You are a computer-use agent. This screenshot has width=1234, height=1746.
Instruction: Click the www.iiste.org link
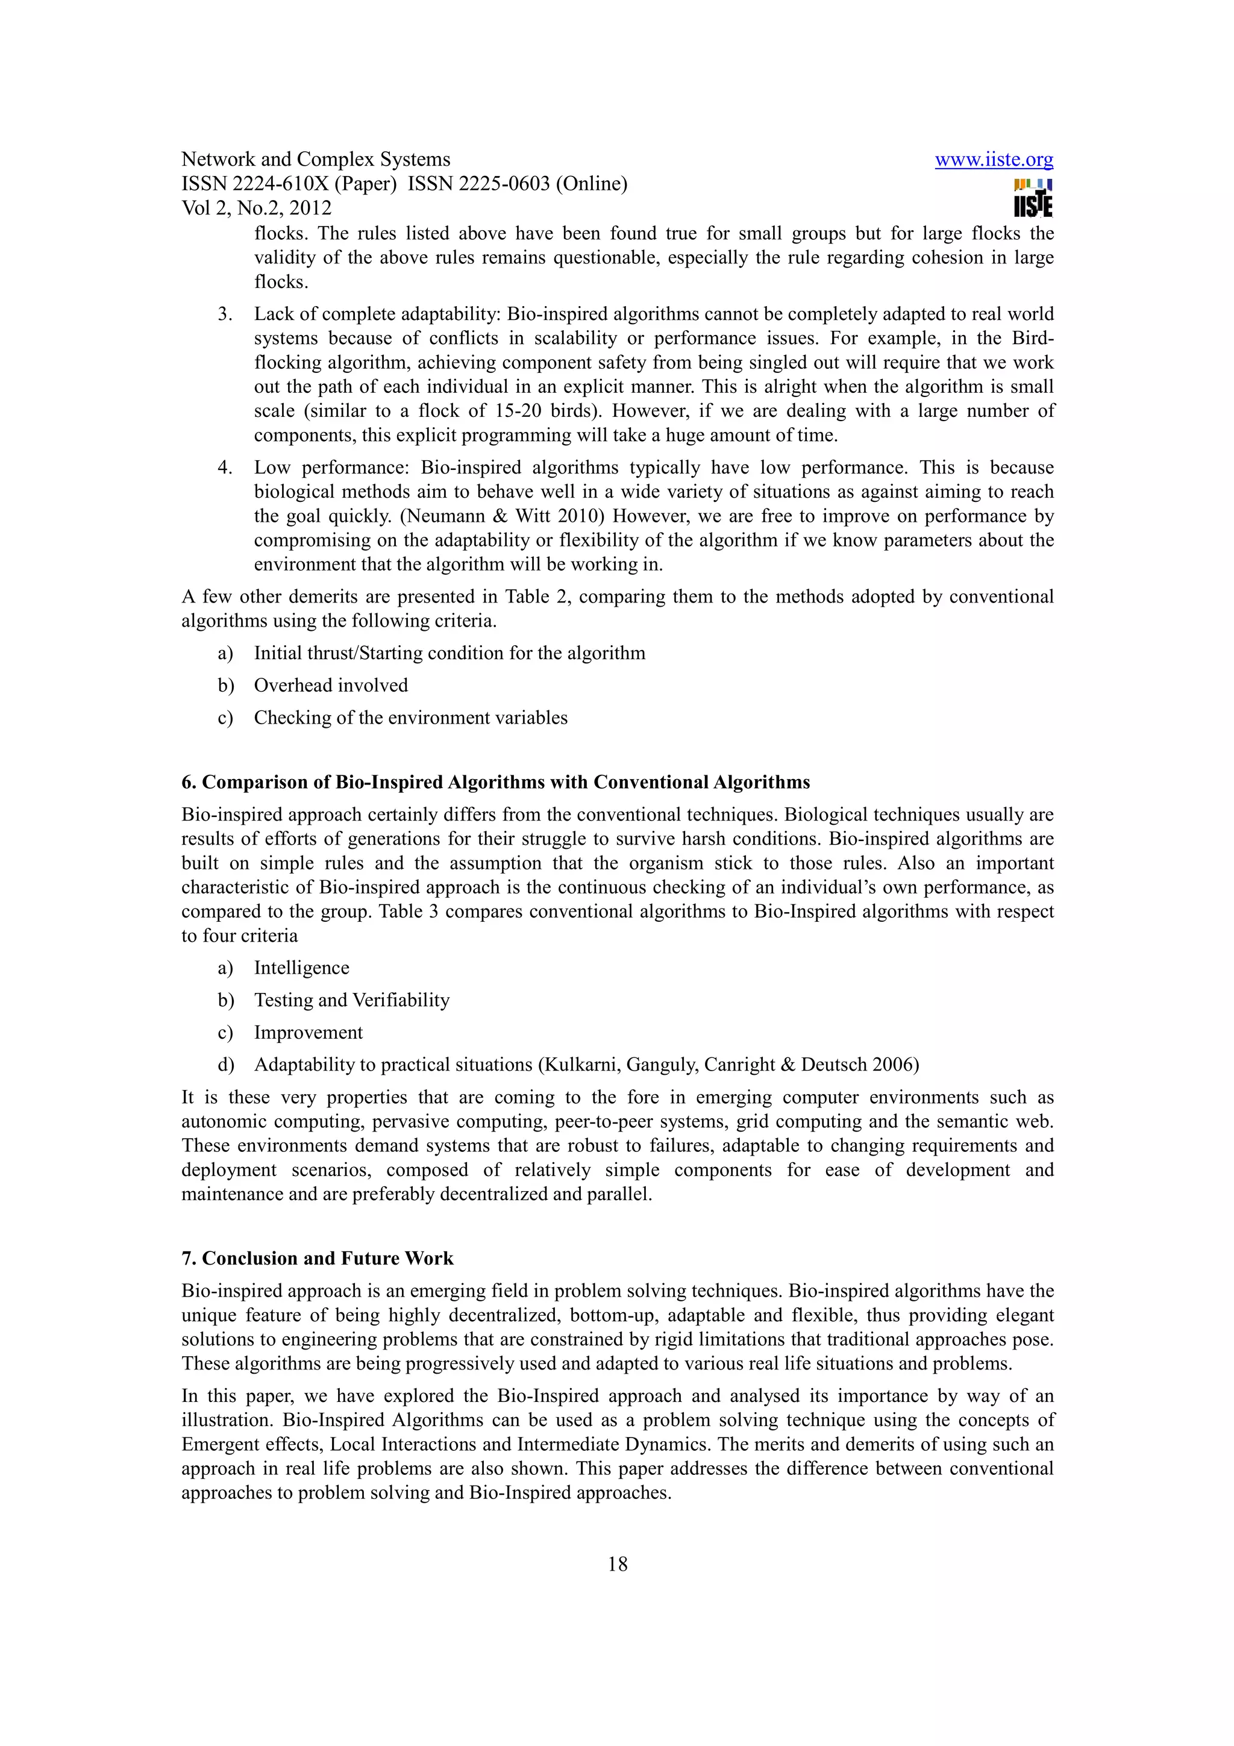pyautogui.click(x=993, y=160)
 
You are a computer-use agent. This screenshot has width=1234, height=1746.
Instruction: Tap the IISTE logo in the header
pyautogui.click(x=1033, y=198)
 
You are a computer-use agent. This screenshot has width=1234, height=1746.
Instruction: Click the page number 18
pyautogui.click(x=618, y=1563)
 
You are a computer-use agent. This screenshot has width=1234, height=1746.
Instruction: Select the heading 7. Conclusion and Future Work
pyautogui.click(x=317, y=1258)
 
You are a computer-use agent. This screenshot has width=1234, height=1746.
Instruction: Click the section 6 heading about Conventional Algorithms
pyautogui.click(x=495, y=782)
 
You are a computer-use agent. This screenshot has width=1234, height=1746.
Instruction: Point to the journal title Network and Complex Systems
pyautogui.click(x=316, y=159)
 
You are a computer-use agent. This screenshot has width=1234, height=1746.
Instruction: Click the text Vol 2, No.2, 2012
pyautogui.click(x=256, y=208)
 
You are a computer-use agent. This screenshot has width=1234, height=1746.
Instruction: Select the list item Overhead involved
pyautogui.click(x=331, y=685)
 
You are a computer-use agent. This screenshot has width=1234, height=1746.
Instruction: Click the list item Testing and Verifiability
pyautogui.click(x=351, y=1000)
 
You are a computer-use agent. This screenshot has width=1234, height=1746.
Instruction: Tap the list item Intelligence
pyautogui.click(x=301, y=968)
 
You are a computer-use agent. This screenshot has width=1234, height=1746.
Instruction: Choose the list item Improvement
pyautogui.click(x=308, y=1032)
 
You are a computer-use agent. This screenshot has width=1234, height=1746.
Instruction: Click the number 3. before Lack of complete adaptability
pyautogui.click(x=225, y=314)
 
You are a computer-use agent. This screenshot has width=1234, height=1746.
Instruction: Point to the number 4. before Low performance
pyautogui.click(x=225, y=467)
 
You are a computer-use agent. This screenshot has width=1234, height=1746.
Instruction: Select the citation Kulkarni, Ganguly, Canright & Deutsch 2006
pyautogui.click(x=728, y=1064)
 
